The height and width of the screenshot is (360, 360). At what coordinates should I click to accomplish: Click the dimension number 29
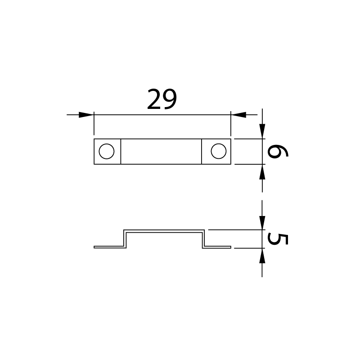pyautogui.click(x=162, y=99)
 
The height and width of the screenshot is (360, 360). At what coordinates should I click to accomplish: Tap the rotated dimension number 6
pyautogui.click(x=278, y=152)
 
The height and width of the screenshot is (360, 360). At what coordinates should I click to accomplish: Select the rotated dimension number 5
pyautogui.click(x=278, y=239)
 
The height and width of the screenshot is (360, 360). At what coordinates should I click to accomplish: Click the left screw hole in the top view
pyautogui.click(x=107, y=151)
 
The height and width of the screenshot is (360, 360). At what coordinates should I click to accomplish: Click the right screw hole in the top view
pyautogui.click(x=219, y=151)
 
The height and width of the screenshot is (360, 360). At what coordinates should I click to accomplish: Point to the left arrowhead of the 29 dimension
pyautogui.click(x=86, y=115)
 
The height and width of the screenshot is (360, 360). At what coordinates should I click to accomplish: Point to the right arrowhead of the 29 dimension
pyautogui.click(x=238, y=115)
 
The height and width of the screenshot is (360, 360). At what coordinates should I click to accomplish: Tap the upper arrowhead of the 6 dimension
pyautogui.click(x=262, y=131)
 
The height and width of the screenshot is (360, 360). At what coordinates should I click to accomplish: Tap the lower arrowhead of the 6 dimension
pyautogui.click(x=262, y=172)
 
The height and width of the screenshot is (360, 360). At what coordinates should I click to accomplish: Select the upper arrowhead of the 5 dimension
pyautogui.click(x=262, y=222)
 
